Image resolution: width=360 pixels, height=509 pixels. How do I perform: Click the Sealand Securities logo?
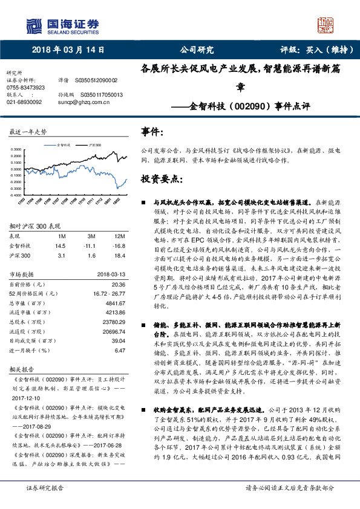[x=62, y=25]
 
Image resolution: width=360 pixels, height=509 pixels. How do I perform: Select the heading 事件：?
[x=152, y=131]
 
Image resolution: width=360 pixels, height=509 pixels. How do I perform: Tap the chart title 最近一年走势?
[x=28, y=131]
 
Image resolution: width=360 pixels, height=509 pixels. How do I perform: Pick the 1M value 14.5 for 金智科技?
[x=60, y=246]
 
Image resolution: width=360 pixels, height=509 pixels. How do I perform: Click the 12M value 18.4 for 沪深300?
[x=119, y=254]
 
